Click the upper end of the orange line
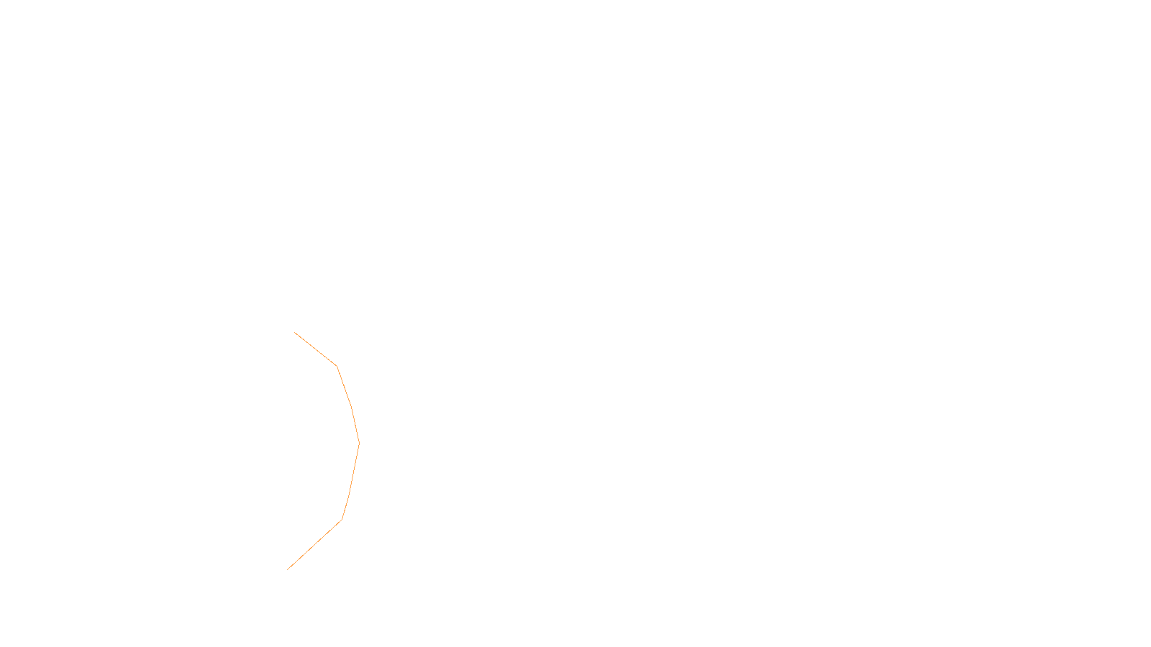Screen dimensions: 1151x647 pos(295,333)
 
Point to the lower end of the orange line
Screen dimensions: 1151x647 pos(288,569)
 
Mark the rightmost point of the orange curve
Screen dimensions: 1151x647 pos(359,444)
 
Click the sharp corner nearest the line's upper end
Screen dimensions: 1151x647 pos(336,366)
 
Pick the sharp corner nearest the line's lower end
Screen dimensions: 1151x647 pos(342,519)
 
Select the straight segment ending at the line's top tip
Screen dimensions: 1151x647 pos(315,349)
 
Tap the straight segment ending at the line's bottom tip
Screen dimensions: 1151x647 pos(314,544)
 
